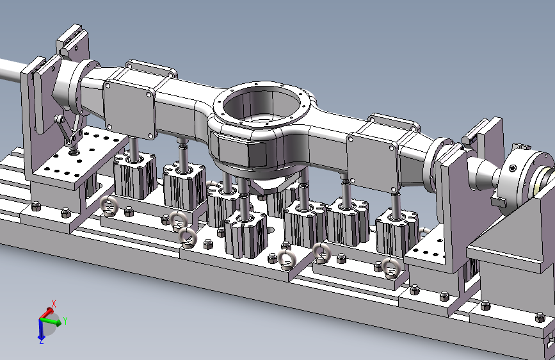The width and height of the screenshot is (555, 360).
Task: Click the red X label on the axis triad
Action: click(x=54, y=304)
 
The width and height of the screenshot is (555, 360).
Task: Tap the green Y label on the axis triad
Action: click(x=65, y=321)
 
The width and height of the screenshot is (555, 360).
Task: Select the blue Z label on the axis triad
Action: click(x=42, y=341)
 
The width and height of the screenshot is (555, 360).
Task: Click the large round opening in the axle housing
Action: click(x=261, y=102)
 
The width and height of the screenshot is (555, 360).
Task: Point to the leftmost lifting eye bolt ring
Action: click(x=108, y=206)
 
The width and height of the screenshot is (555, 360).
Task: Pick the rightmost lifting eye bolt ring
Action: click(x=390, y=268)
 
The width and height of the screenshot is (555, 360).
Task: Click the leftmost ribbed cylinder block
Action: click(x=135, y=175)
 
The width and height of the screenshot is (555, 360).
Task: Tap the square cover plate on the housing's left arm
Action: click(x=129, y=108)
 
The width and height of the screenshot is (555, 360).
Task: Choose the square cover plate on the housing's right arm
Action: click(x=373, y=162)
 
